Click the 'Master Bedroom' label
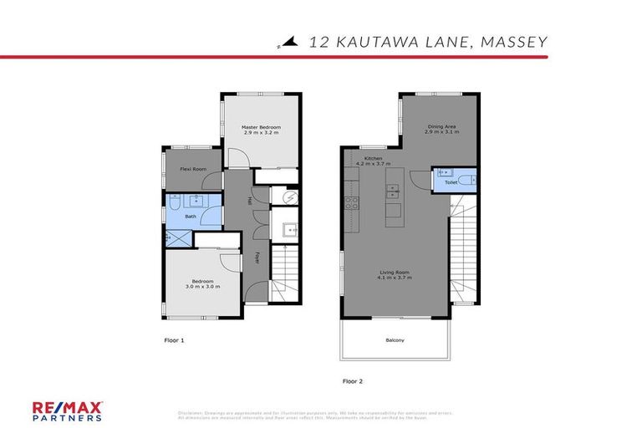click(x=260, y=127)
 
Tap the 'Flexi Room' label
click(x=194, y=169)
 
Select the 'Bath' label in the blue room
click(x=191, y=217)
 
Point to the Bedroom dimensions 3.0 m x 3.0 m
click(x=203, y=287)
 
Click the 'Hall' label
click(x=249, y=201)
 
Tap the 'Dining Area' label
click(x=441, y=127)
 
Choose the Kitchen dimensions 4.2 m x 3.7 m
click(x=373, y=164)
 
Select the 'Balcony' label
click(x=395, y=339)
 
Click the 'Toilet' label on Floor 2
click(x=451, y=181)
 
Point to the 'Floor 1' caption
click(x=173, y=340)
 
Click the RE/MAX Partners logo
click(x=68, y=410)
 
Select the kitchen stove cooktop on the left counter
click(x=352, y=201)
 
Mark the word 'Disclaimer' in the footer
click(x=193, y=412)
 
